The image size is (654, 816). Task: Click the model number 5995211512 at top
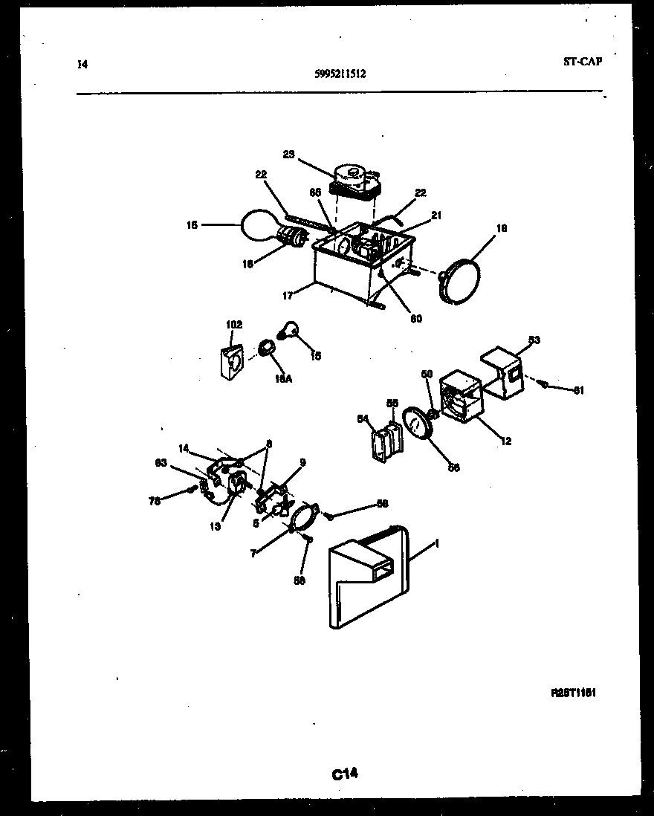(x=339, y=74)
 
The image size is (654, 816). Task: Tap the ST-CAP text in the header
(x=582, y=62)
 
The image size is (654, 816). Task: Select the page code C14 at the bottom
(x=345, y=774)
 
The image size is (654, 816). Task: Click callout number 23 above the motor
(x=289, y=155)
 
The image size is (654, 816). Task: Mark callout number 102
(x=234, y=325)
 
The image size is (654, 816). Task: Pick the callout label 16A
(x=284, y=380)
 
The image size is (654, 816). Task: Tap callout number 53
(x=534, y=340)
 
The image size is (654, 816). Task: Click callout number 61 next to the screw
(x=579, y=390)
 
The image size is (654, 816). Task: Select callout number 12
(x=505, y=441)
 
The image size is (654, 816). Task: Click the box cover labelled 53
(x=502, y=372)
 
